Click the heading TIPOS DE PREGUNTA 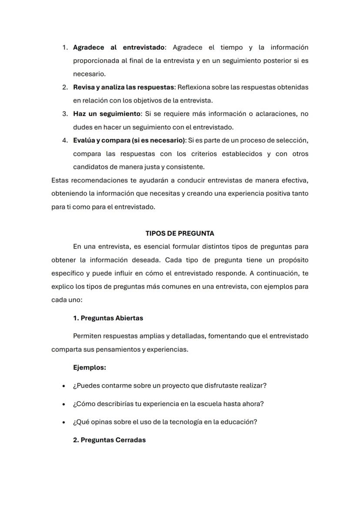pos(180,233)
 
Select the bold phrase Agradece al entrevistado pos(119,47)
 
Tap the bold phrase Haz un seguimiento pos(107,114)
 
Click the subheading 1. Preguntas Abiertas pos(108,318)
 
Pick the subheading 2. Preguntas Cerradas pos(109,440)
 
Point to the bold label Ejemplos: pos(90,367)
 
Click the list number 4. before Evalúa pos(65,140)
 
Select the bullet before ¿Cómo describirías pos(64,404)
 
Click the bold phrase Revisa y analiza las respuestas pos(123,87)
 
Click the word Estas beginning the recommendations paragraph pos(60,180)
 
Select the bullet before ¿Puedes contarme pos(64,386)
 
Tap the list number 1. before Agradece pos(65,47)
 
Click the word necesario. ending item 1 pos(89,74)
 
